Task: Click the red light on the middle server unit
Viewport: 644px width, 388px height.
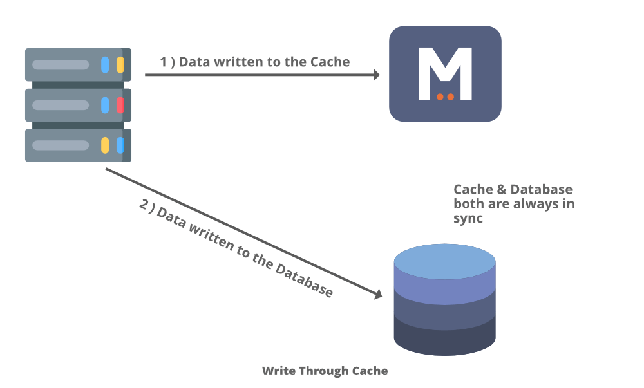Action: (x=120, y=105)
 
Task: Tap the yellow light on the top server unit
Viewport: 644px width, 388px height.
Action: (x=120, y=65)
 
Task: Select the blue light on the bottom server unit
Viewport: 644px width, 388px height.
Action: (x=120, y=145)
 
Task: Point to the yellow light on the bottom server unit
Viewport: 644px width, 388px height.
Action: (x=105, y=145)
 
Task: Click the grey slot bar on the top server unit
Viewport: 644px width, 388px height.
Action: (x=61, y=65)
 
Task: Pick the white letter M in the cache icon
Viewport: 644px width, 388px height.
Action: (x=445, y=73)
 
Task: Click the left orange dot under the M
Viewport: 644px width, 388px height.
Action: (x=440, y=97)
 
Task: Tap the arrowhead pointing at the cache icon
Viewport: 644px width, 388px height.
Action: (x=377, y=75)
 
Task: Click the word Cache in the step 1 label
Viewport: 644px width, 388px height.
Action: (x=330, y=62)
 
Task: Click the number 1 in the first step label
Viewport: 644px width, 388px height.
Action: (x=164, y=62)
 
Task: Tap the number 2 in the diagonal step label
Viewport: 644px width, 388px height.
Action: (x=144, y=205)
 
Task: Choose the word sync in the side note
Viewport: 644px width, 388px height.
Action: (x=468, y=219)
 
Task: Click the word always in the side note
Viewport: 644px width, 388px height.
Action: (x=527, y=204)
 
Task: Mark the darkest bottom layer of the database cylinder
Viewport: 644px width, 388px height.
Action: (x=444, y=338)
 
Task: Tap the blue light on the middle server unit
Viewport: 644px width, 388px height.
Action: (x=105, y=105)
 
